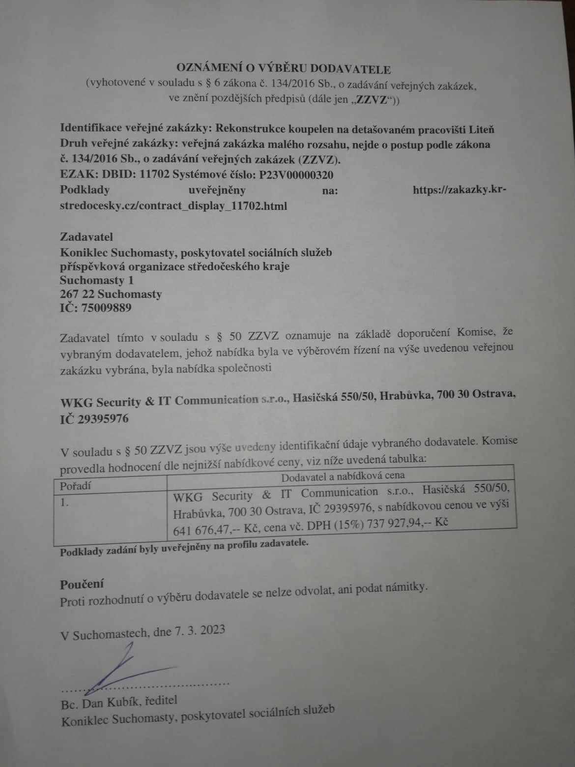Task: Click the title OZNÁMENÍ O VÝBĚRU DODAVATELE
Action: (x=284, y=69)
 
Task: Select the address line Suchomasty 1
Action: (x=97, y=280)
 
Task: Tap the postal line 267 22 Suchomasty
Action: (x=111, y=295)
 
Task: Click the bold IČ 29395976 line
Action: (x=94, y=419)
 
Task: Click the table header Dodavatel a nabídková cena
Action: (x=343, y=475)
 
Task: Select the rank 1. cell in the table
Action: (x=64, y=503)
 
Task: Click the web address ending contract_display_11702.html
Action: (x=173, y=206)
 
